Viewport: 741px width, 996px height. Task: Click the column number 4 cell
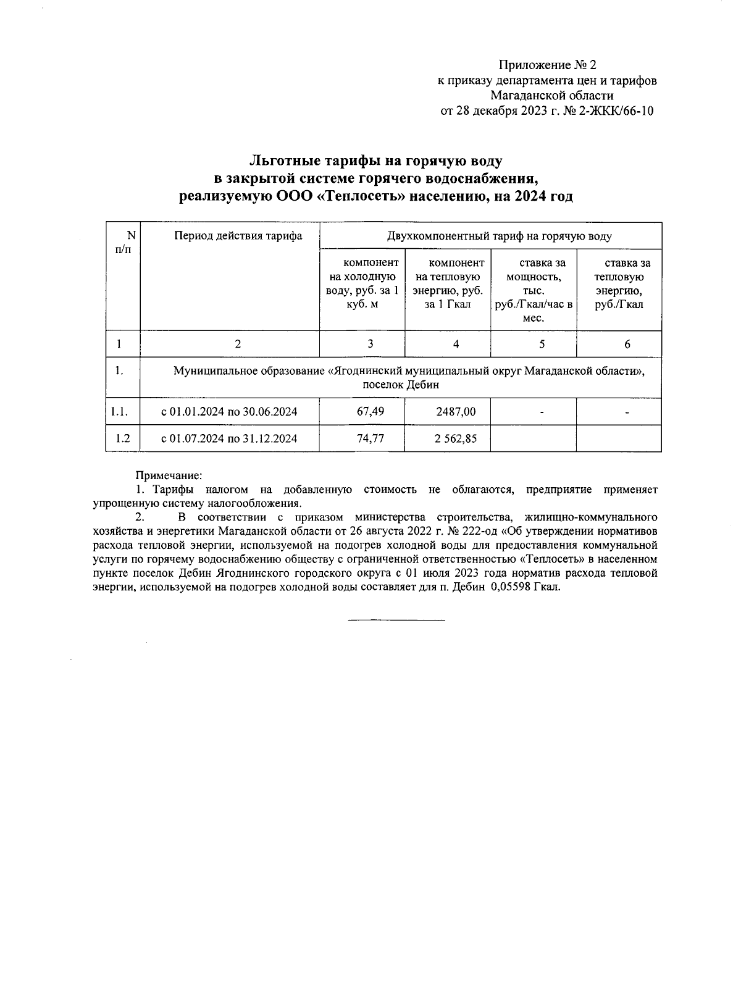pos(456,345)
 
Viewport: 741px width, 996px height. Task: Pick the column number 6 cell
pos(627,345)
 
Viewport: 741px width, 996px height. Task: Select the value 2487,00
pos(456,411)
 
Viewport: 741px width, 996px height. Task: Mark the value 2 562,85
pos(456,438)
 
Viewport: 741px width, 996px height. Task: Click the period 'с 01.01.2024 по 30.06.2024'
pos(229,411)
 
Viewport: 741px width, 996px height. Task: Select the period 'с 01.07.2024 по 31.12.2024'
pos(229,438)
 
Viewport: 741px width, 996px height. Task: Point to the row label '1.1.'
pos(120,411)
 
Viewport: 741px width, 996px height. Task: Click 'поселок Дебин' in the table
pos(401,385)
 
